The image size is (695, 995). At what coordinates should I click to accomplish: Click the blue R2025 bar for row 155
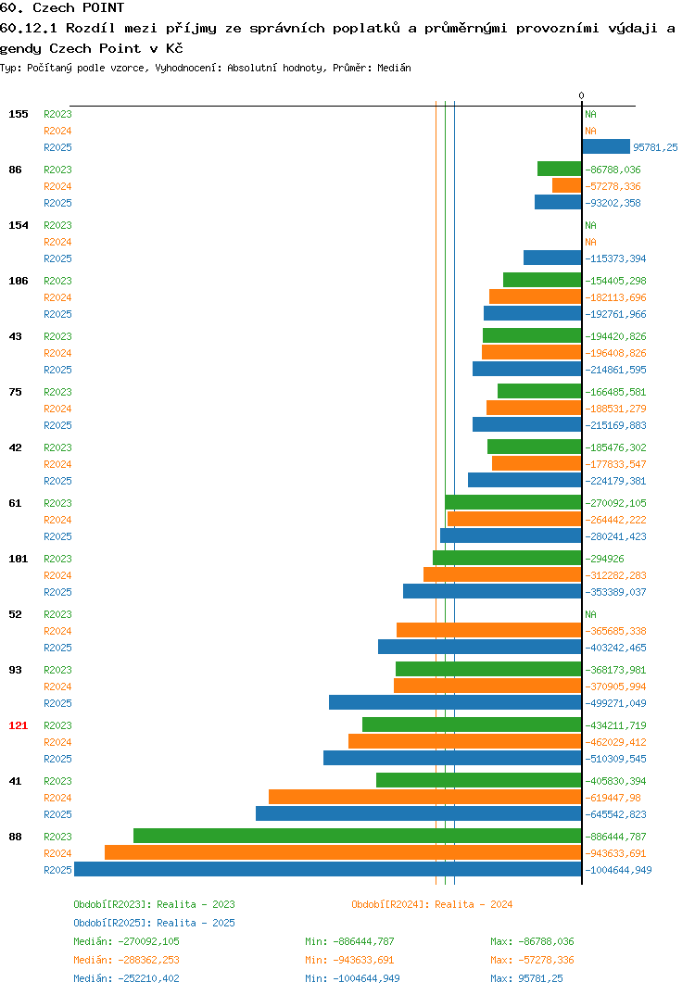tap(606, 146)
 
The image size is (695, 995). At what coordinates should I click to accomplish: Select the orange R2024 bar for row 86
tap(567, 186)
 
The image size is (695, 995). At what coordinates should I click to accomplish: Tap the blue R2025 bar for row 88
tap(328, 869)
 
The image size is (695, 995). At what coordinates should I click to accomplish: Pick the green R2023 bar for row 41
tap(479, 780)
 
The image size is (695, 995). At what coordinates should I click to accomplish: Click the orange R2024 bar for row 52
tap(489, 630)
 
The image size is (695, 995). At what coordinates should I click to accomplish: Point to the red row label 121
tap(19, 725)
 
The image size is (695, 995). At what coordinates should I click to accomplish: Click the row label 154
tap(19, 225)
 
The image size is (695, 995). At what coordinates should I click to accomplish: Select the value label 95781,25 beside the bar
tap(656, 147)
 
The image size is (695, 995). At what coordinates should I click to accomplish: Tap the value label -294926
tap(604, 559)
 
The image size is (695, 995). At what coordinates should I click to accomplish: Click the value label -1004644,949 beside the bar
tap(618, 870)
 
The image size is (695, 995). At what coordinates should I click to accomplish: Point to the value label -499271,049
tap(615, 703)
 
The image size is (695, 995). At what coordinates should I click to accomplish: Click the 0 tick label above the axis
tap(581, 95)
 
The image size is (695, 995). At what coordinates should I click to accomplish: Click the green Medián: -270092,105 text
tap(126, 941)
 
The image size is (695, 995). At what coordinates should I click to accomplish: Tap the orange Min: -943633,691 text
tap(349, 960)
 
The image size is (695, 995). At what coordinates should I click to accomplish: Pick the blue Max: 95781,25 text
tap(526, 978)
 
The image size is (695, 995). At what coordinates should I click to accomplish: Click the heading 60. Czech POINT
tap(62, 7)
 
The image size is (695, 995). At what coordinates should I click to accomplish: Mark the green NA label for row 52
tap(591, 614)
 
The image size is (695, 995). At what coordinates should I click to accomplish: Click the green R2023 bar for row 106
tap(543, 280)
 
